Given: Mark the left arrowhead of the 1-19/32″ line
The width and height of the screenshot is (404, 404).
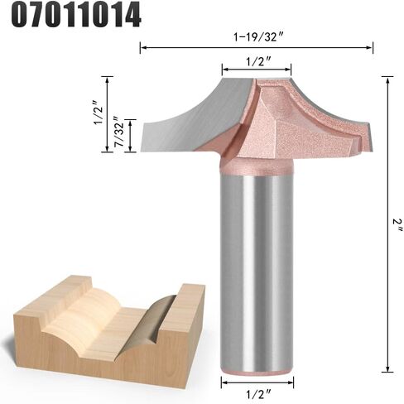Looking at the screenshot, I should click(x=142, y=48).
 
